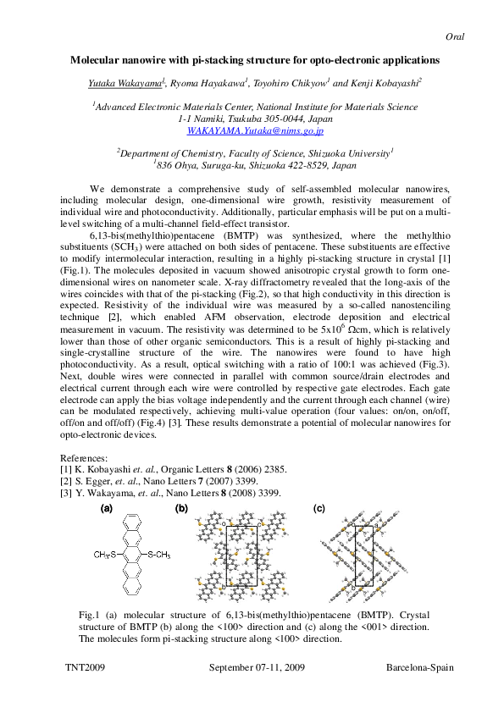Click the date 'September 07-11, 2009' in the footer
tap(256, 667)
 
